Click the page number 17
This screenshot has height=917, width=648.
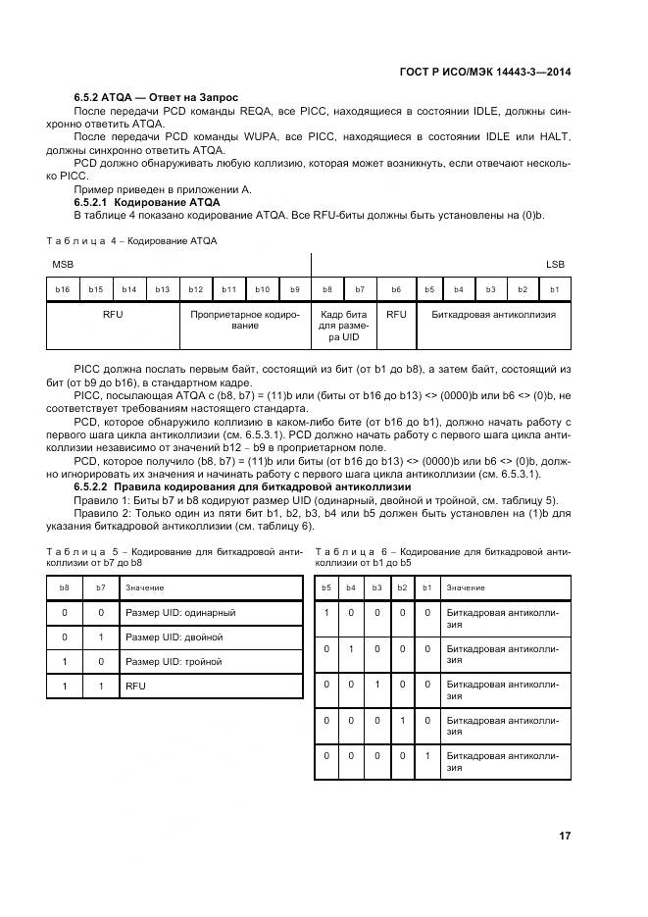565,836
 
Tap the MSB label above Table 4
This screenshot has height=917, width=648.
63,265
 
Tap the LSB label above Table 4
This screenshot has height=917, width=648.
555,265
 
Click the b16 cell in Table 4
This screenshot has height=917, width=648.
63,289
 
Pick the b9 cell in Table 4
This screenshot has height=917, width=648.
294,289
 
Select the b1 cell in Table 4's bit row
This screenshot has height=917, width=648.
554,289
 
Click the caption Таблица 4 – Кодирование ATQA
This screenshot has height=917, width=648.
131,239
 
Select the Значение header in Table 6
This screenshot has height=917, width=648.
466,587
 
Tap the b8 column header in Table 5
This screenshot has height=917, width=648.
65,587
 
